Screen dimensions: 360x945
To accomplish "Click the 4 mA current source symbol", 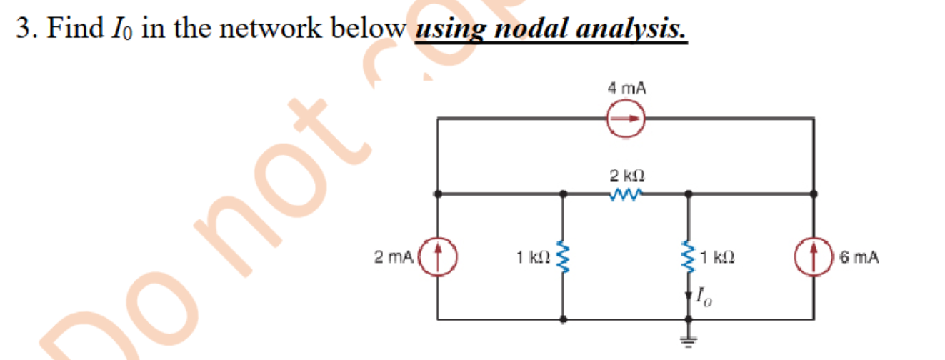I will pyautogui.click(x=626, y=119).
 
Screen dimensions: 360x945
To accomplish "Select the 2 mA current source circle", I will pyautogui.click(x=437, y=256).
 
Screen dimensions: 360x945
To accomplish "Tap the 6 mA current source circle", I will pyautogui.click(x=814, y=256).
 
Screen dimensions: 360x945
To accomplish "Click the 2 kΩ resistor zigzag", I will pyautogui.click(x=626, y=193).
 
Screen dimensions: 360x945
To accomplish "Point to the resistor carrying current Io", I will pyautogui.click(x=689, y=256).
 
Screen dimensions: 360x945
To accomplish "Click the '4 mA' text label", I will pyautogui.click(x=626, y=89).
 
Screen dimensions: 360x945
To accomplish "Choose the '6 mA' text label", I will pyautogui.click(x=859, y=256).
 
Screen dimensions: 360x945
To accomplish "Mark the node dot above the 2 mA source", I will pyautogui.click(x=437, y=193).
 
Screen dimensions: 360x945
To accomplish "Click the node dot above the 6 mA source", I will pyautogui.click(x=814, y=193).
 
